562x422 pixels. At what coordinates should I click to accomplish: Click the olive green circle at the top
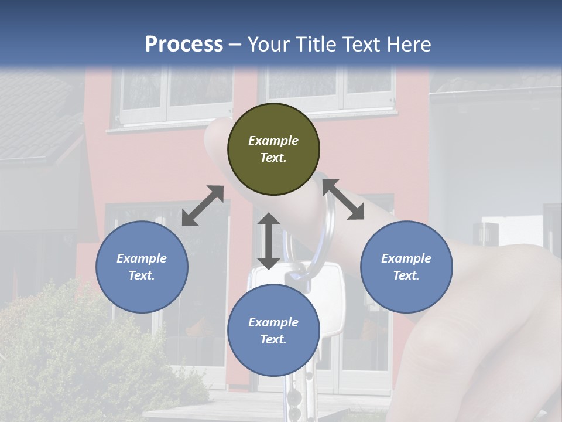[273, 149]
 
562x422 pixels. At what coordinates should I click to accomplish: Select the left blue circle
[142, 267]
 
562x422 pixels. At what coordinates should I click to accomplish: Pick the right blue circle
[406, 267]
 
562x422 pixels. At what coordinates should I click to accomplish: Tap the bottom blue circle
[273, 331]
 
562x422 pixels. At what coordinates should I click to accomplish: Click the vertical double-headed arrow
[269, 241]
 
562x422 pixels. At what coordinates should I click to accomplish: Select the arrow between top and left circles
[203, 206]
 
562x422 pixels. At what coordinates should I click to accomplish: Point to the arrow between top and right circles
[344, 199]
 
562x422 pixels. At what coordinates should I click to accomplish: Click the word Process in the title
[184, 44]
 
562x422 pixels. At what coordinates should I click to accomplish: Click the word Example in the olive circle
[273, 141]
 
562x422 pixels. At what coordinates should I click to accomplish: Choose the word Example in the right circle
[406, 258]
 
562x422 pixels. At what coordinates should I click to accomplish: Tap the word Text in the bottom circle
[272, 339]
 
